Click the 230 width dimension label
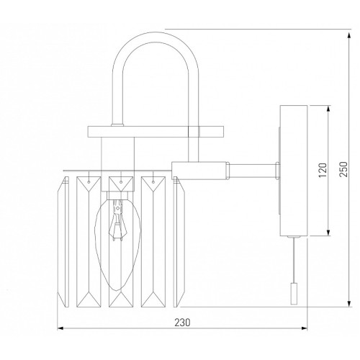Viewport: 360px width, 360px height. click(182, 323)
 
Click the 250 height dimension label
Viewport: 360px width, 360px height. click(343, 169)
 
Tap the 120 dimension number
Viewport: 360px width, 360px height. click(323, 170)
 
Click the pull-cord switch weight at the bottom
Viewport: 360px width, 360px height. click(294, 294)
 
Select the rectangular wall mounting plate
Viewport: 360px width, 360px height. click(294, 171)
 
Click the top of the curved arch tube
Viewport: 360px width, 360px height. click(156, 32)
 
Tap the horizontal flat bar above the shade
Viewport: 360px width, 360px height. click(156, 132)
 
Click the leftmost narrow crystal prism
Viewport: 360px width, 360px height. click(63, 242)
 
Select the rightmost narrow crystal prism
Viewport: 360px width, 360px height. click(179, 242)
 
